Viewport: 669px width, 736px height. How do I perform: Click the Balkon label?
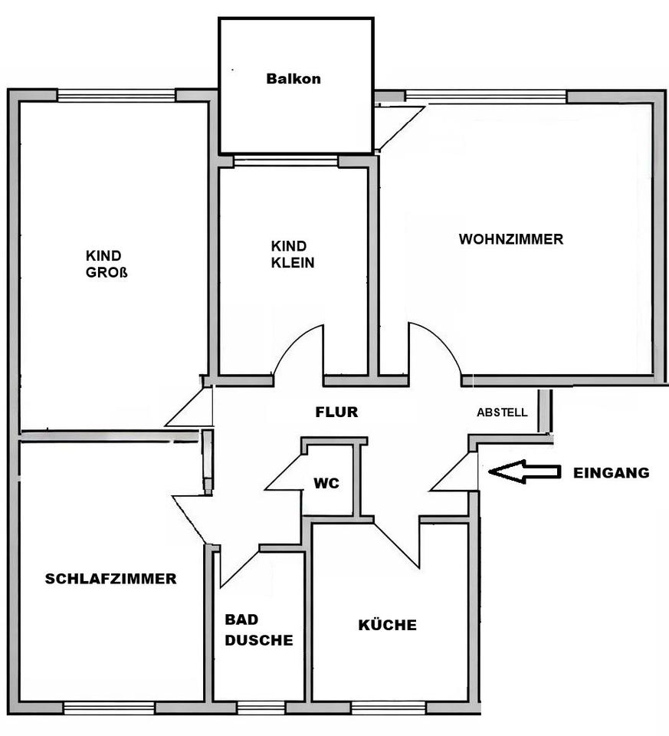pyautogui.click(x=293, y=78)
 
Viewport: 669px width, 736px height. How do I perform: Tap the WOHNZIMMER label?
pyautogui.click(x=510, y=239)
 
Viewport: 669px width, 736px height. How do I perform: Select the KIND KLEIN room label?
pyautogui.click(x=292, y=254)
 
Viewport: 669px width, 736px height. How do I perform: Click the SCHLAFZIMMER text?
pyautogui.click(x=110, y=579)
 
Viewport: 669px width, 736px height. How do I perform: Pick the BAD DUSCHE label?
pyautogui.click(x=258, y=629)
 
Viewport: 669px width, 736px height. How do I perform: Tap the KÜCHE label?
pyautogui.click(x=388, y=625)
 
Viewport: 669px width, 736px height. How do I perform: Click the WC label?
pyautogui.click(x=326, y=485)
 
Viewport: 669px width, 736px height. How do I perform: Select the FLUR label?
pyautogui.click(x=336, y=412)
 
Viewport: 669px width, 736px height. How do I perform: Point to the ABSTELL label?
pyautogui.click(x=502, y=412)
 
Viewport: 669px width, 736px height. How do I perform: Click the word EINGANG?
pyautogui.click(x=611, y=473)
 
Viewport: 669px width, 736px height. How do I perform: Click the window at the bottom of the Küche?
pyautogui.click(x=388, y=708)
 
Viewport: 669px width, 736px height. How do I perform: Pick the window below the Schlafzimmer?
pyautogui.click(x=109, y=708)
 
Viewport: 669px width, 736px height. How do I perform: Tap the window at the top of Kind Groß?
pyautogui.click(x=116, y=96)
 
